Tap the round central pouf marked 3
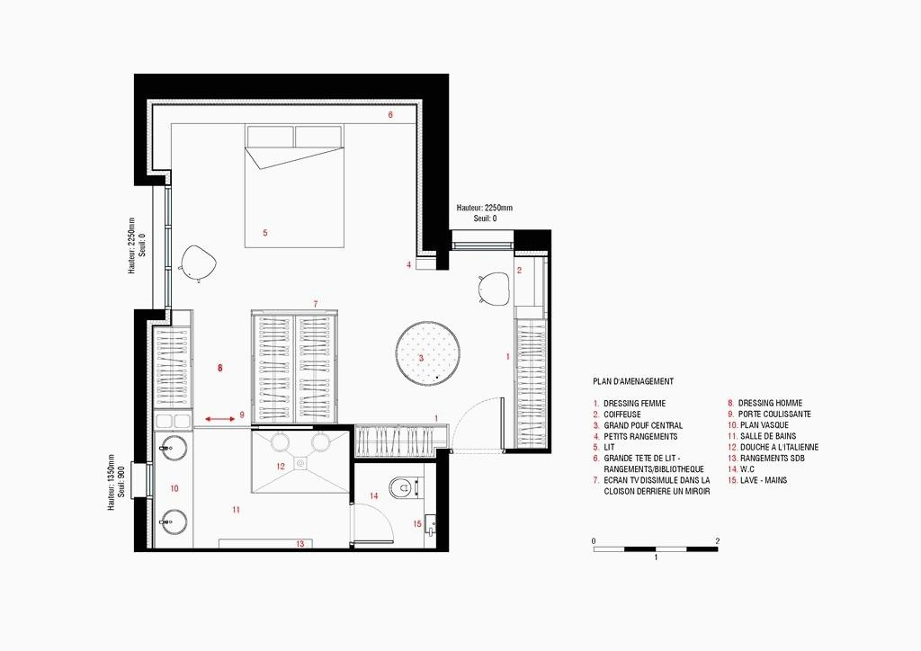[427, 352]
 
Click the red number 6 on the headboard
[390, 115]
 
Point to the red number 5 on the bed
[265, 233]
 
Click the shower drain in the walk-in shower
[300, 462]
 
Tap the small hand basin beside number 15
[431, 524]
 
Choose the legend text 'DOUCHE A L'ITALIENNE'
[779, 447]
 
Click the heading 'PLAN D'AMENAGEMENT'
[633, 381]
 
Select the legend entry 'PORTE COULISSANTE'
[774, 415]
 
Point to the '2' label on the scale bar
[717, 541]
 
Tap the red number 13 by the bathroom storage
[300, 544]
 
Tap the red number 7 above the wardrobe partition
[316, 304]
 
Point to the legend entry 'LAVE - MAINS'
[764, 480]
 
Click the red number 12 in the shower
[281, 467]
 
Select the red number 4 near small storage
[409, 264]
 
